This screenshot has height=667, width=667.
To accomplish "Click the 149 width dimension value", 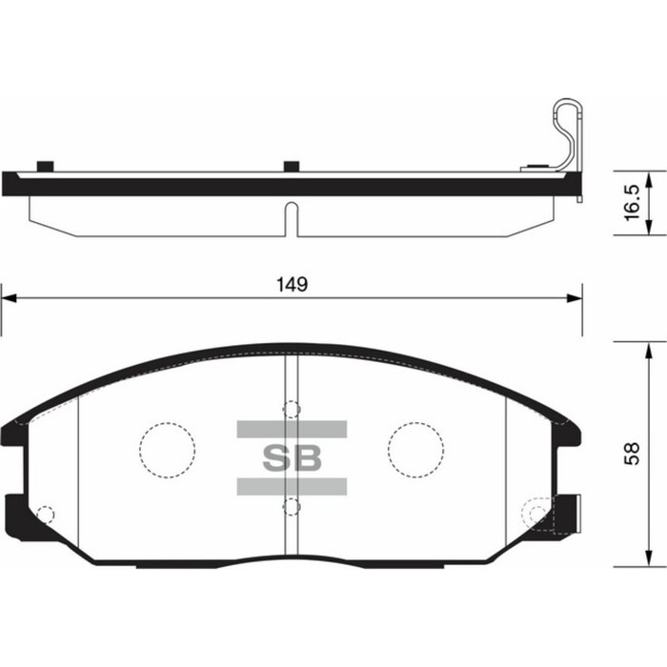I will pos(292,285).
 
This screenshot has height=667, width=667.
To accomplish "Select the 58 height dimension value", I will pos(630,456).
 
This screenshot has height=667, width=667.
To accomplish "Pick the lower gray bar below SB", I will pos(292,487).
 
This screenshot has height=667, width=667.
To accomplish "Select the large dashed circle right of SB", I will pos(416,448).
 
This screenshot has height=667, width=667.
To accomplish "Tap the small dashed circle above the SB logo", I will pos(292,410).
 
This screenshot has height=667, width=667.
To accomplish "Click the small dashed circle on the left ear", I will pos(43,515).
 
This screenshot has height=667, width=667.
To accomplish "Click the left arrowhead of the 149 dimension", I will pos(8,298).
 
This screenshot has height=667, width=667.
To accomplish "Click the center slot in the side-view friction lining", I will pos(292,217).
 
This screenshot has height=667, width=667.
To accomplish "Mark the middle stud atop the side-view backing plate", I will pos(292,168).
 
